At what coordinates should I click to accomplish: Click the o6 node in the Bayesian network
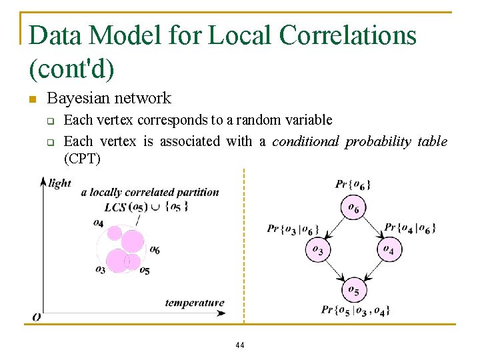pyautogui.click(x=353, y=209)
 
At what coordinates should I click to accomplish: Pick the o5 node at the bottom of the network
pyautogui.click(x=353, y=290)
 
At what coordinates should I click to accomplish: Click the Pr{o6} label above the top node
pyautogui.click(x=353, y=184)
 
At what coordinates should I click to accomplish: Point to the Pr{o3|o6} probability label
pyautogui.click(x=293, y=229)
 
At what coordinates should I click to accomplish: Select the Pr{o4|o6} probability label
pyautogui.click(x=411, y=228)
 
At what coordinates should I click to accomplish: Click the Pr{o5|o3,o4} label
pyautogui.click(x=355, y=310)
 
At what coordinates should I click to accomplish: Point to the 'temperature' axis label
pyautogui.click(x=195, y=303)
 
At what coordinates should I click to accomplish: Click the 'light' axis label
pyautogui.click(x=60, y=183)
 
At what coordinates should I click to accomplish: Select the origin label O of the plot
pyautogui.click(x=37, y=317)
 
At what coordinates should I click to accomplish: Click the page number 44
pyautogui.click(x=240, y=345)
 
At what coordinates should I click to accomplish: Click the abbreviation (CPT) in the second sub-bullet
pyautogui.click(x=82, y=159)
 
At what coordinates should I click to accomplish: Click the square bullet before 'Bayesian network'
pyautogui.click(x=31, y=100)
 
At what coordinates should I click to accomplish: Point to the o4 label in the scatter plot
pyautogui.click(x=98, y=223)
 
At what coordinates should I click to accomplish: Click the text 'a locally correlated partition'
pyautogui.click(x=150, y=192)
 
